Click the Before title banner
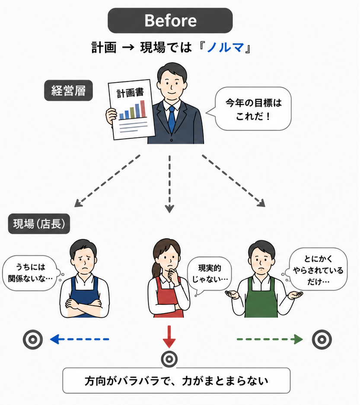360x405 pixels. click(170, 20)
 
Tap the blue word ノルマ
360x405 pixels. click(226, 47)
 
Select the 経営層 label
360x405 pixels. click(68, 90)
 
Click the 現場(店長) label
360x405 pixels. click(39, 224)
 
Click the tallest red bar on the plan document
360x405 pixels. click(143, 109)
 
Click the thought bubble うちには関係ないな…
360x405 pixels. click(31, 273)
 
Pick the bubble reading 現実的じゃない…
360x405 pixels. click(210, 274)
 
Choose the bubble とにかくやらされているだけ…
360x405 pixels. click(317, 270)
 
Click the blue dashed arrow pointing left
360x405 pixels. click(80, 339)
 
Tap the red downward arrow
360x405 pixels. click(169, 337)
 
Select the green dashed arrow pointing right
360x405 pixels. click(270, 339)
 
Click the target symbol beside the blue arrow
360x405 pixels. click(33, 339)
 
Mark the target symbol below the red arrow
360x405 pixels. click(169, 359)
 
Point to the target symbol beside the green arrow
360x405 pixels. click(322, 339)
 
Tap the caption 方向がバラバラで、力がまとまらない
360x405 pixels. click(176, 381)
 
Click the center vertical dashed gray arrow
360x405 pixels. click(169, 184)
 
